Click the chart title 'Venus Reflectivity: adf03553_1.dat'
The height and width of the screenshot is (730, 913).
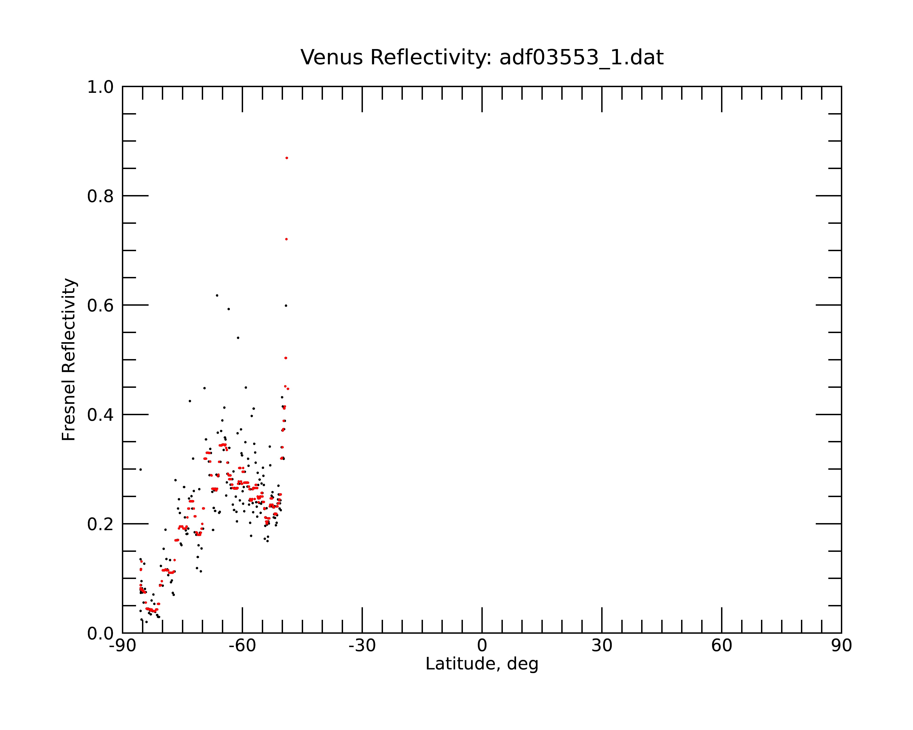(x=482, y=57)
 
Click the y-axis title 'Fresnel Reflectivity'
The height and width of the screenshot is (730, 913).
(x=69, y=359)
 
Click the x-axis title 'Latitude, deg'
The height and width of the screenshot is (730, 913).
(x=482, y=664)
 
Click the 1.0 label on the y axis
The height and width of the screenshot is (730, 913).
(x=100, y=87)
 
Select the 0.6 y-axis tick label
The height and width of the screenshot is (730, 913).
(x=100, y=305)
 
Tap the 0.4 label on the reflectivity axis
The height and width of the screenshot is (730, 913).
(x=100, y=415)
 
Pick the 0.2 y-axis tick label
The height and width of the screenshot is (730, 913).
(x=100, y=524)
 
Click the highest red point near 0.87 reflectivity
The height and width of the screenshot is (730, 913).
(x=287, y=158)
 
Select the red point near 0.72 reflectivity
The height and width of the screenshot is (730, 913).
(x=286, y=239)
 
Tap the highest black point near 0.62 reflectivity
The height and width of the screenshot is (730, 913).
(x=217, y=295)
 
